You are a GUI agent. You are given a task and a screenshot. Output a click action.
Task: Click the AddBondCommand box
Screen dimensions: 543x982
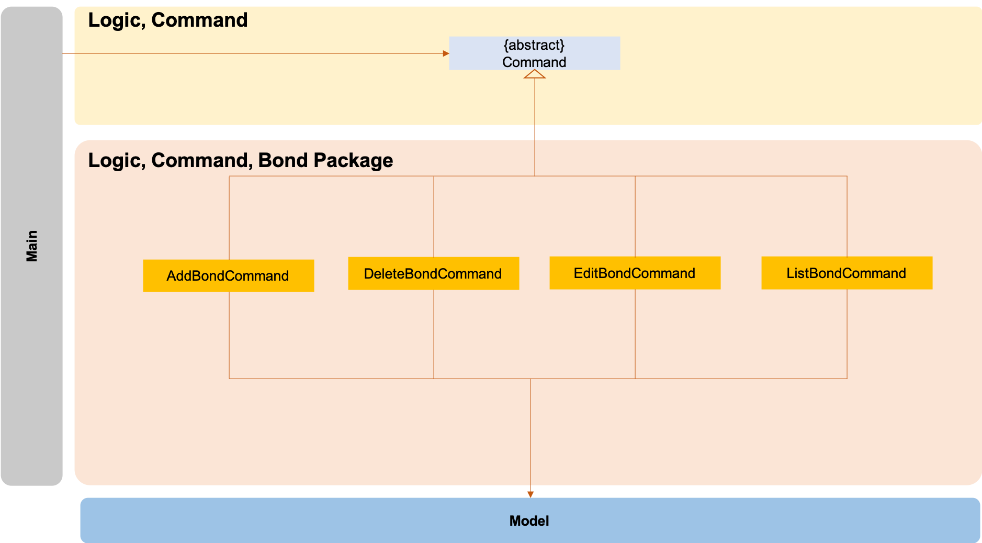tap(228, 275)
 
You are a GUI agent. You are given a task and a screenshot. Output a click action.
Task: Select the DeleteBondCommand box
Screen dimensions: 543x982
tap(433, 273)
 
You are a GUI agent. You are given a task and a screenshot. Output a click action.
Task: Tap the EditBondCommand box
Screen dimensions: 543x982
tap(635, 273)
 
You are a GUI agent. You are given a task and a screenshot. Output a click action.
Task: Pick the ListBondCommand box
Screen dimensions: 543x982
tap(846, 273)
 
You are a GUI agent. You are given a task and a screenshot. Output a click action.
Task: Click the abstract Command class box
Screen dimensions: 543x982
tap(534, 53)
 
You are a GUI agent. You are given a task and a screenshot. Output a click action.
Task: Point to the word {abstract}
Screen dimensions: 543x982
tap(534, 45)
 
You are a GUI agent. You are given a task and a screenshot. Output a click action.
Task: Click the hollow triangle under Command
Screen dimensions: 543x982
tap(535, 74)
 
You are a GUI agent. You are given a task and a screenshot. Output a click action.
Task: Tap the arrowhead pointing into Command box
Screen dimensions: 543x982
tap(446, 53)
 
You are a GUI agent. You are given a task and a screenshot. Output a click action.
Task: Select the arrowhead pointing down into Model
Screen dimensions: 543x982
tap(530, 494)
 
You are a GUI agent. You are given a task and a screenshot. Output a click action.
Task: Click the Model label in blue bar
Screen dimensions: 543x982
tap(529, 520)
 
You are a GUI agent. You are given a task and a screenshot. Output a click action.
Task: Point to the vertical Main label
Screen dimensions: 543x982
tap(32, 246)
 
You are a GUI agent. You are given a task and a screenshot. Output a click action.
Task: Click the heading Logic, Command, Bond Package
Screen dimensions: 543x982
tap(240, 160)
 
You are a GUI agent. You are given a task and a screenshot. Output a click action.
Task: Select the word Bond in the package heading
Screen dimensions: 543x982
tap(283, 160)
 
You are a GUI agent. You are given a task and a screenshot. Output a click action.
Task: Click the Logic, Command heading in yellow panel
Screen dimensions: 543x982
tap(167, 20)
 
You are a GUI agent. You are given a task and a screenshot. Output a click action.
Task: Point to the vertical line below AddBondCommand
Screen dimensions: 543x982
tap(229, 335)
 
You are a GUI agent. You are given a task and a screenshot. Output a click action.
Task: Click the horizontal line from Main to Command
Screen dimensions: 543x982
tap(251, 53)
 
